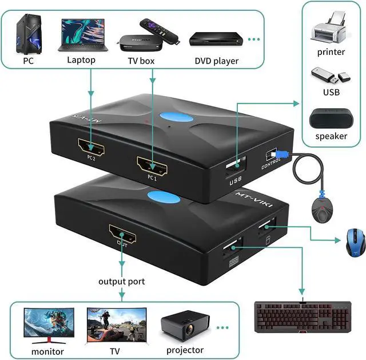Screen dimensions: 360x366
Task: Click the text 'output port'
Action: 122,281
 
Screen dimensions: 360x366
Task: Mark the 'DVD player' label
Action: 216,61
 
